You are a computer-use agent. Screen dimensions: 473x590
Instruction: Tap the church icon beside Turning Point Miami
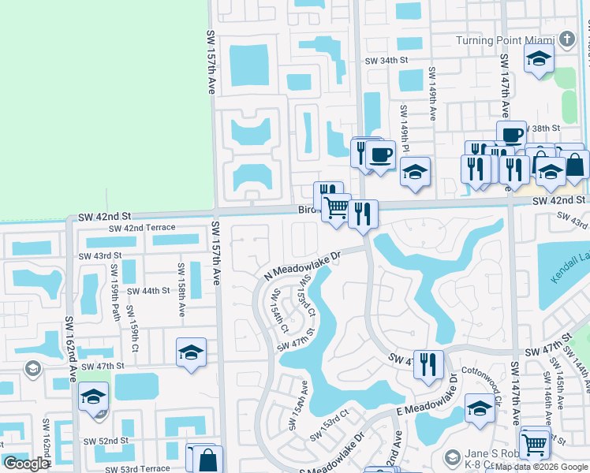567,39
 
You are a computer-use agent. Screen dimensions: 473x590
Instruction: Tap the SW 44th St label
148,291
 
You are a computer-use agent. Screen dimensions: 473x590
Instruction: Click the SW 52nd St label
108,441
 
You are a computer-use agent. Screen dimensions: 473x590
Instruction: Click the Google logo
25,464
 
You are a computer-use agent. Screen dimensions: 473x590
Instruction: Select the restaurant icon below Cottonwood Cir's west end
428,364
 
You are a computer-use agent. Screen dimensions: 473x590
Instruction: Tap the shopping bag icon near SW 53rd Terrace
207,460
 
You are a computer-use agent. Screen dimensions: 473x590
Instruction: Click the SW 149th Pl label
403,128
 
